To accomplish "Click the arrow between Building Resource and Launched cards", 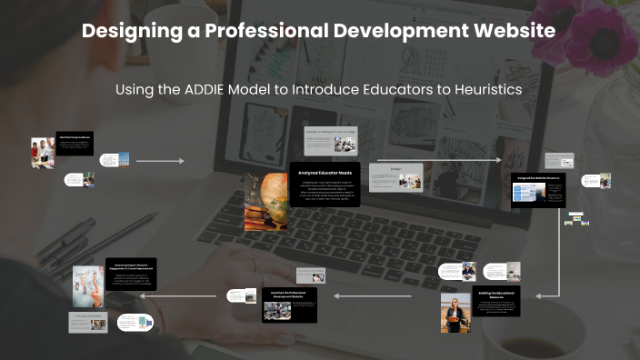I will (x=379, y=295).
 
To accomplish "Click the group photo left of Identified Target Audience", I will (x=42, y=153).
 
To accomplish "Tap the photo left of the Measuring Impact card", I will (x=89, y=285).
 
